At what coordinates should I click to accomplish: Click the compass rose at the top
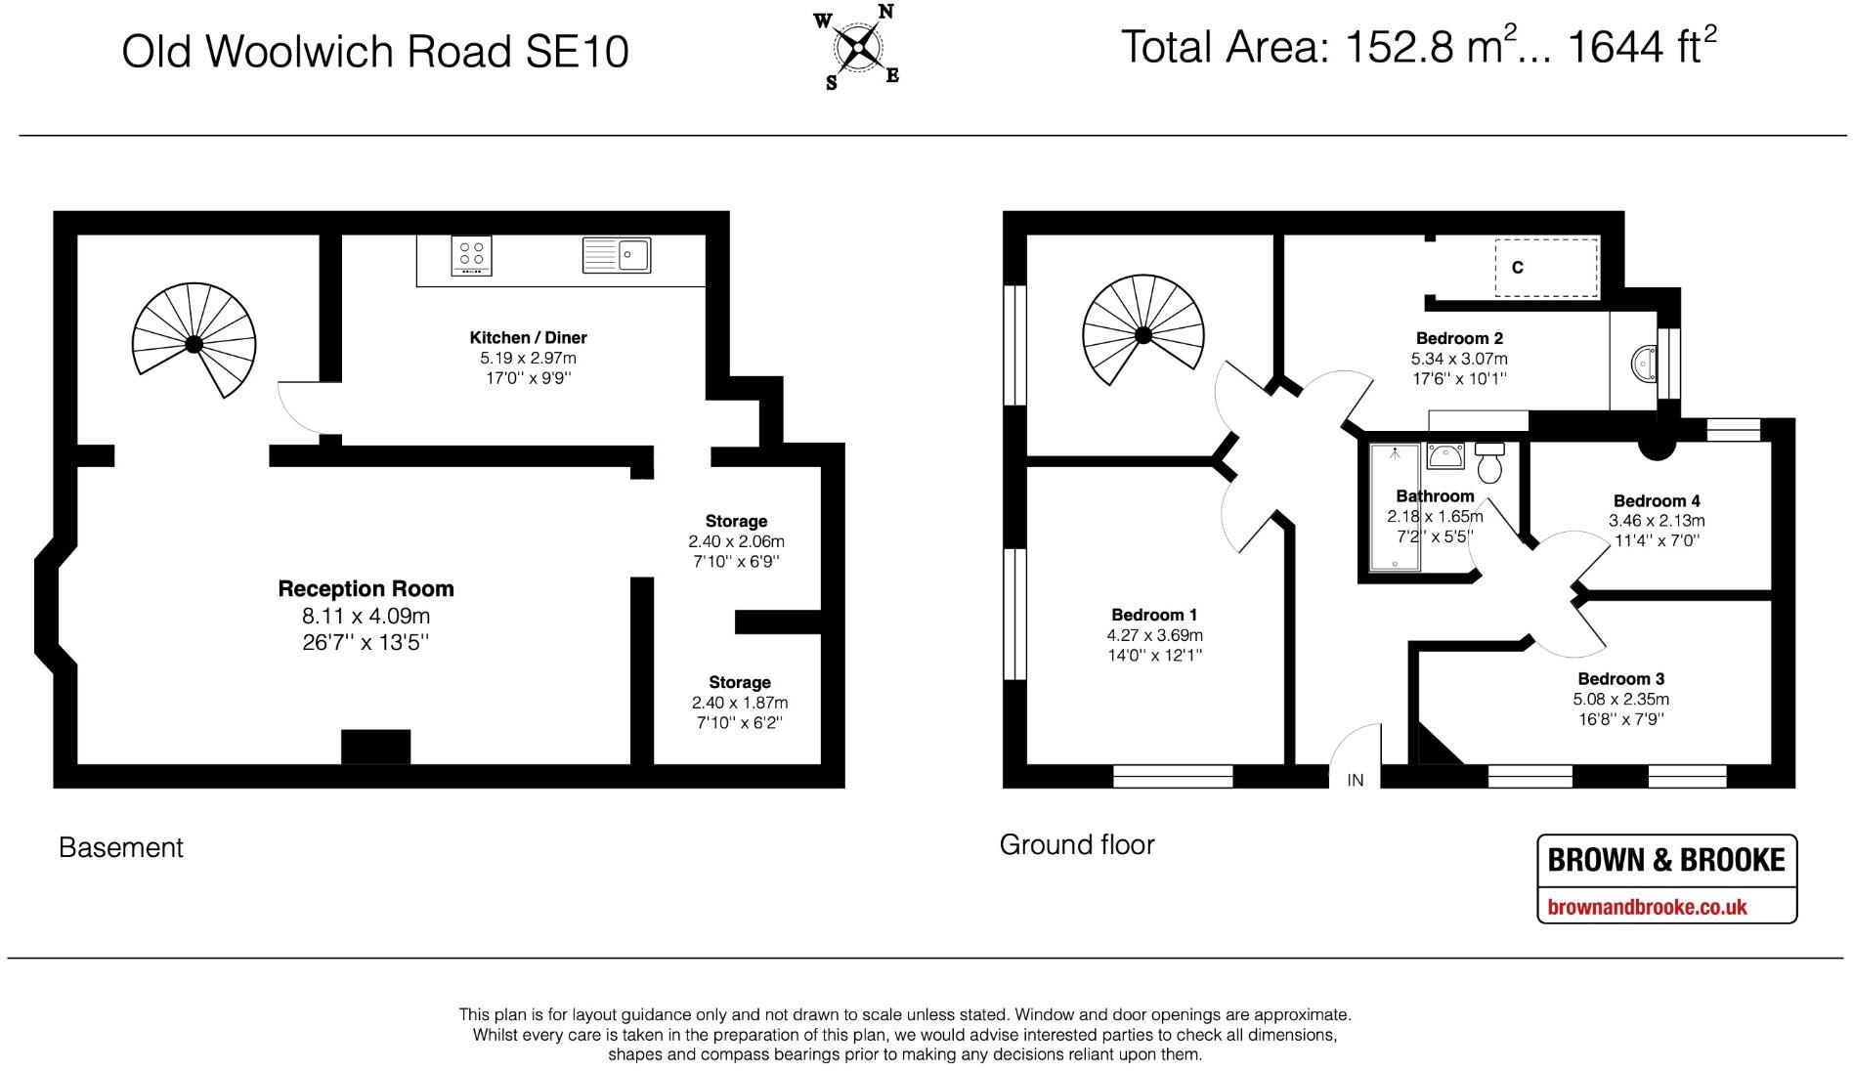point(857,45)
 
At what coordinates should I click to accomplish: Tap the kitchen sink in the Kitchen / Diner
point(617,255)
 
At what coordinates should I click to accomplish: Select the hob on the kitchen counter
point(472,256)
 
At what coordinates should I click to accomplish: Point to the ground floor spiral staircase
point(1142,331)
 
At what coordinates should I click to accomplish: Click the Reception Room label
point(366,588)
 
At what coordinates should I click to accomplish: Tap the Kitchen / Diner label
point(528,337)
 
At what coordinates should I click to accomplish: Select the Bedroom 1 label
point(1154,615)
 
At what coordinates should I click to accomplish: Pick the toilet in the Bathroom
point(1489,462)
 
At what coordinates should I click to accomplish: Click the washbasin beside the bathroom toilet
point(1444,455)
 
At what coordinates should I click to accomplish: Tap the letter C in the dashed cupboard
point(1517,267)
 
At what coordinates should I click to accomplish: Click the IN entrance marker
point(1355,780)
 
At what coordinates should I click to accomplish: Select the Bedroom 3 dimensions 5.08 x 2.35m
point(1620,699)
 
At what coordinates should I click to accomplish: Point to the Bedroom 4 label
point(1657,500)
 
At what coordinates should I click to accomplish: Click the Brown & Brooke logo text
point(1666,860)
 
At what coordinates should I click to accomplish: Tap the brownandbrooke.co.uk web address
point(1647,907)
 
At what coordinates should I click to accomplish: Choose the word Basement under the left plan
point(121,847)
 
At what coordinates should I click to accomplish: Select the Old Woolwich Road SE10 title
point(374,52)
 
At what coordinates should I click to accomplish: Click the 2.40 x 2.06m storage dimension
point(737,541)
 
